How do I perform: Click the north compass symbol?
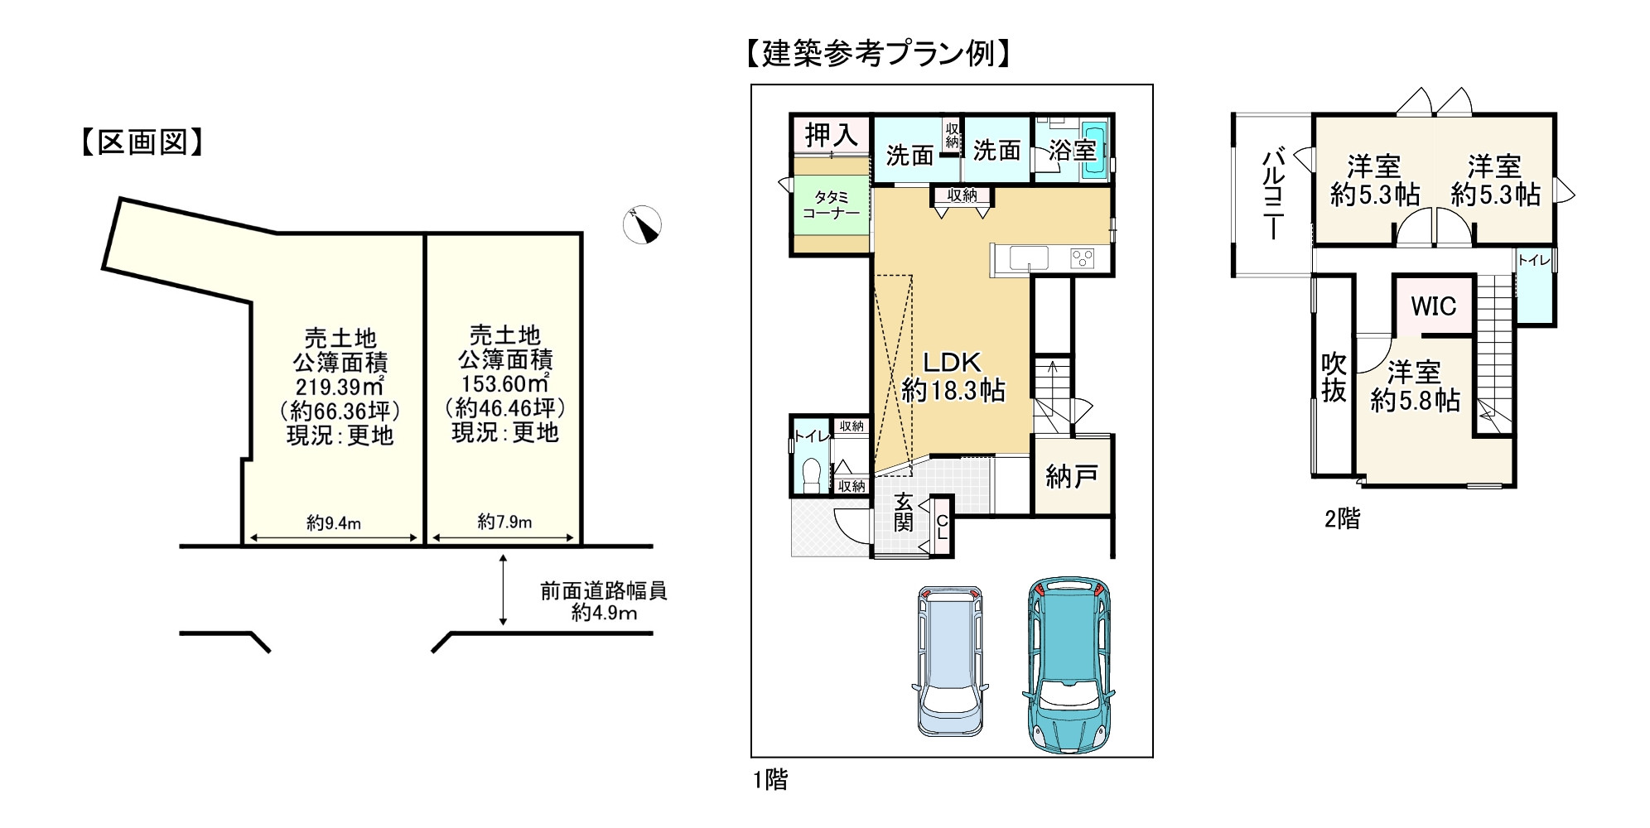click(x=642, y=224)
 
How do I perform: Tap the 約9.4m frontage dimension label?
click(x=334, y=523)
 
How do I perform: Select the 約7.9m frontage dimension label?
click(x=504, y=522)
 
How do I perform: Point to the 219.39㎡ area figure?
click(x=340, y=387)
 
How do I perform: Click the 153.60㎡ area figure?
click(x=504, y=384)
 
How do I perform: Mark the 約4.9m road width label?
click(x=604, y=613)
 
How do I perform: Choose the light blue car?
click(x=950, y=661)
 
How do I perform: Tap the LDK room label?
click(x=953, y=362)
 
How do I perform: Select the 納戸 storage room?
click(x=1072, y=474)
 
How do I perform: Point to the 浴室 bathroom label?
click(x=1072, y=150)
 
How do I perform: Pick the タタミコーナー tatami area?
click(x=831, y=205)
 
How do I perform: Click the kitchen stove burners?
click(x=1083, y=258)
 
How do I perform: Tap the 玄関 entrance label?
click(x=904, y=512)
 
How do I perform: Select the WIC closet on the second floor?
click(x=1433, y=306)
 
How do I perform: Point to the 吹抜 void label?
click(x=1334, y=378)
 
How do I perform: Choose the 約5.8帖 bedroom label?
click(x=1415, y=401)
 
